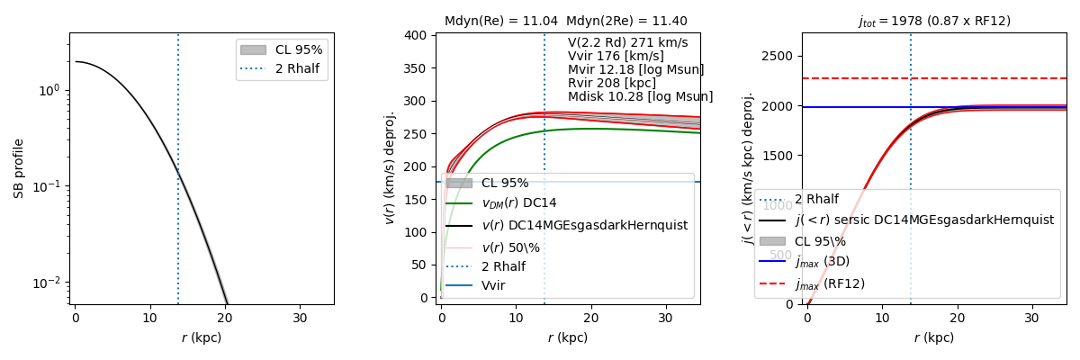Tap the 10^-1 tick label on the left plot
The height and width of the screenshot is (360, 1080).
[47, 186]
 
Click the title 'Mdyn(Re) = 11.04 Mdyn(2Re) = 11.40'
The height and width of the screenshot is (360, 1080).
[566, 21]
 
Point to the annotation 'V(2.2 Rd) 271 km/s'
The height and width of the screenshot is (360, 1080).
[627, 42]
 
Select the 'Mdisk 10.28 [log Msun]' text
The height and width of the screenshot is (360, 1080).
[640, 96]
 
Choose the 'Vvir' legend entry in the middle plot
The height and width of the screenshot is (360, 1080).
[493, 285]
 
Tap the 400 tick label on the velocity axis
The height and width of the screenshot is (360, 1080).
[416, 35]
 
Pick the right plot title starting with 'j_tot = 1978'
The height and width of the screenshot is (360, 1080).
[934, 21]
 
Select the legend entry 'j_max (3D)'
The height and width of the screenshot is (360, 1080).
[822, 262]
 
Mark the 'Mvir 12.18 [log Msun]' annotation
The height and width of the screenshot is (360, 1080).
[623, 69]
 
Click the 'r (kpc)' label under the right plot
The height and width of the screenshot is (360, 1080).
[934, 338]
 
